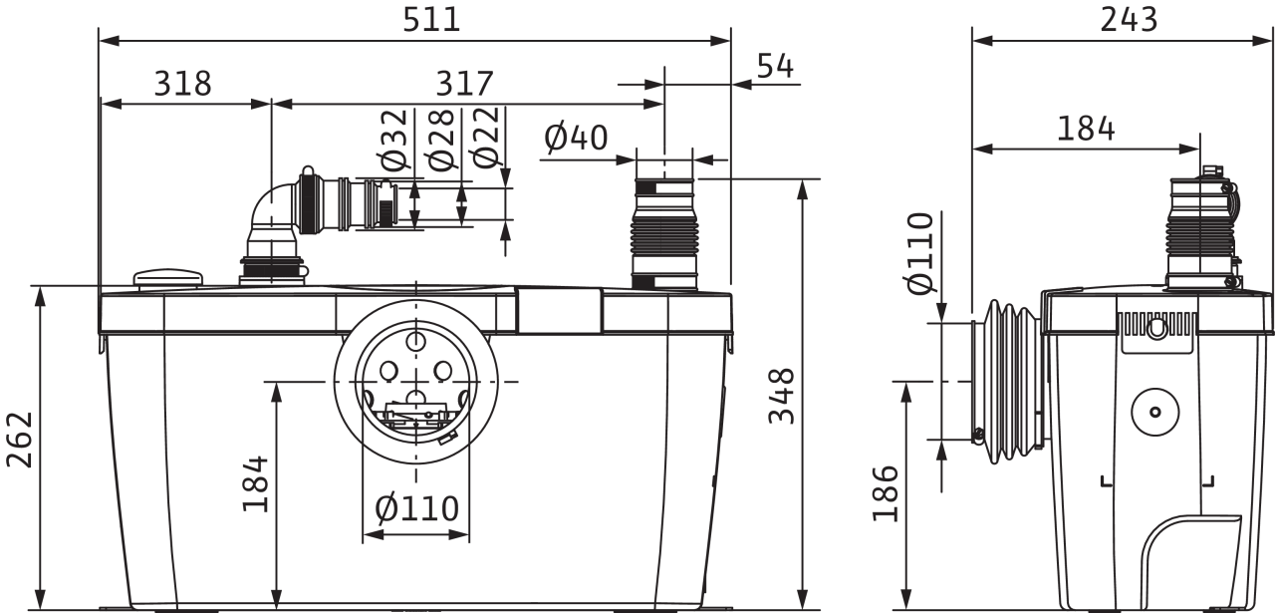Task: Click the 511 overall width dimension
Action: click(431, 21)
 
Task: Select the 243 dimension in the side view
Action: click(1129, 21)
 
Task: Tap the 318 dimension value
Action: click(182, 84)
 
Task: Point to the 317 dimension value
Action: click(464, 84)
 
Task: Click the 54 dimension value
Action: click(775, 66)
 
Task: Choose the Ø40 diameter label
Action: click(576, 138)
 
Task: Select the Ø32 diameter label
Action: click(395, 141)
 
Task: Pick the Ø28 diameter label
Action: click(441, 141)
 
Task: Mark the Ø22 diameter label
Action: click(485, 139)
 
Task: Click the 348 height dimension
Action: click(781, 396)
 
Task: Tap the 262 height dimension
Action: click(20, 440)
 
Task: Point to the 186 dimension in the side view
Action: click(886, 494)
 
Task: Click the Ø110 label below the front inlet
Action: click(417, 508)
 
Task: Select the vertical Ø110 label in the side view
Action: click(919, 253)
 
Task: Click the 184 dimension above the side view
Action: click(1086, 129)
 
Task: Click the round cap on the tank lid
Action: click(168, 279)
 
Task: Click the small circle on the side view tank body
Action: click(1155, 412)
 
